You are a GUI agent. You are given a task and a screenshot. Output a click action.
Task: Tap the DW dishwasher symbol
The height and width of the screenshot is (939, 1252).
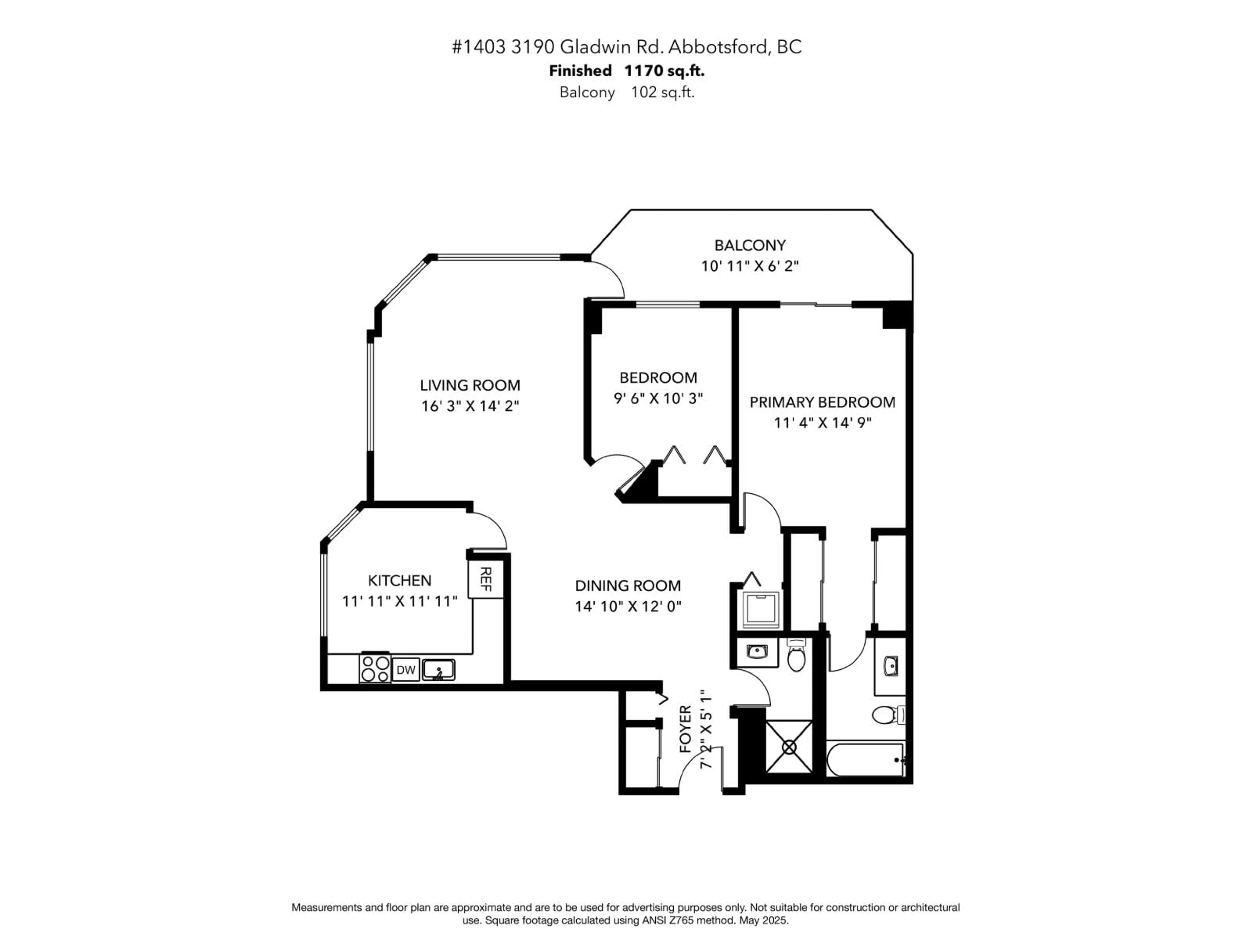click(406, 670)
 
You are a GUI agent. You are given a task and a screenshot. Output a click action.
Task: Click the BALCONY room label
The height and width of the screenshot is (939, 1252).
click(750, 245)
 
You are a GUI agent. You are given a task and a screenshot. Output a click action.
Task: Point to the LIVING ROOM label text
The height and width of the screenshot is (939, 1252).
click(470, 385)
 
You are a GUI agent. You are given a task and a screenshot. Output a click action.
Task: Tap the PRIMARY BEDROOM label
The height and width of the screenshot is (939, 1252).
click(822, 402)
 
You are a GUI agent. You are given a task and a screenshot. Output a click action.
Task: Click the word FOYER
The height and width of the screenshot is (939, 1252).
click(685, 729)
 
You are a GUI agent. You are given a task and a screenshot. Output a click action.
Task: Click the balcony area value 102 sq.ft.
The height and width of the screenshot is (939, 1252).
click(662, 92)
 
